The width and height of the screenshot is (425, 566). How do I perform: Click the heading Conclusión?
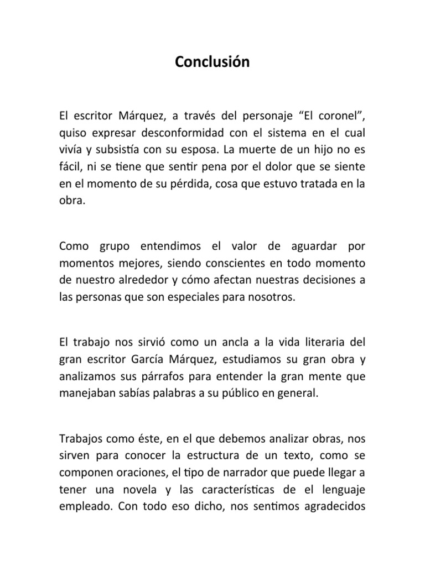click(x=212, y=62)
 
